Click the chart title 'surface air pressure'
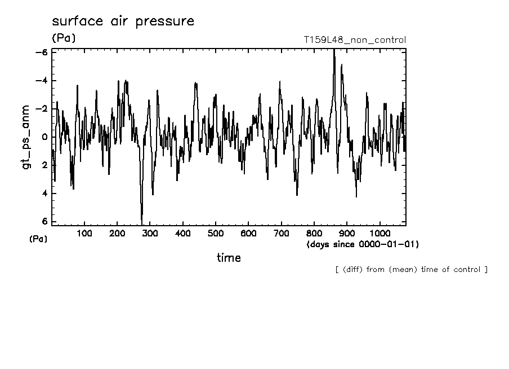123,22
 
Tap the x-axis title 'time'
229,258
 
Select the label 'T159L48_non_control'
354,39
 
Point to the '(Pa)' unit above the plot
63,38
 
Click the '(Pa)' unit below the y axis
38,239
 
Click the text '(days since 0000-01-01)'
363,244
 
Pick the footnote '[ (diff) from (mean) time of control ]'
411,270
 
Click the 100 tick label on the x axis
84,233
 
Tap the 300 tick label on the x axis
150,233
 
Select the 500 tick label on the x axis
216,233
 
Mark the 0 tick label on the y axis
44,137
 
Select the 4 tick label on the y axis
44,194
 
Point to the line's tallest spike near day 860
334,51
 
